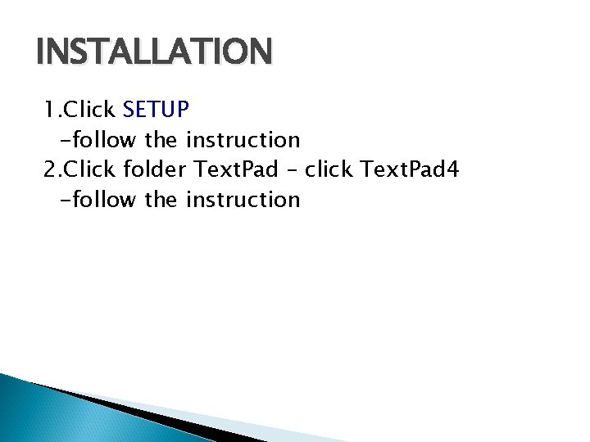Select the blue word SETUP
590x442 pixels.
click(156, 109)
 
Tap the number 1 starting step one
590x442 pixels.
click(49, 109)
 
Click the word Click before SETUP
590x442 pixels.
click(89, 109)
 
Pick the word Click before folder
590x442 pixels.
click(89, 169)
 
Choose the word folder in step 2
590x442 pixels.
click(155, 169)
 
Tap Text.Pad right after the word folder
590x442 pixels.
click(236, 169)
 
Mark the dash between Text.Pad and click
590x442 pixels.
click(292, 171)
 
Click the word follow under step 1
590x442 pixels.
click(102, 139)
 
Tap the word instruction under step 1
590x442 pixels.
click(243, 139)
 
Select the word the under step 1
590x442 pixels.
click(161, 139)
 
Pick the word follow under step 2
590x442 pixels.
click(102, 200)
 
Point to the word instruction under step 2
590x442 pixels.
click(243, 200)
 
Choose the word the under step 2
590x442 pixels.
click(161, 200)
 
